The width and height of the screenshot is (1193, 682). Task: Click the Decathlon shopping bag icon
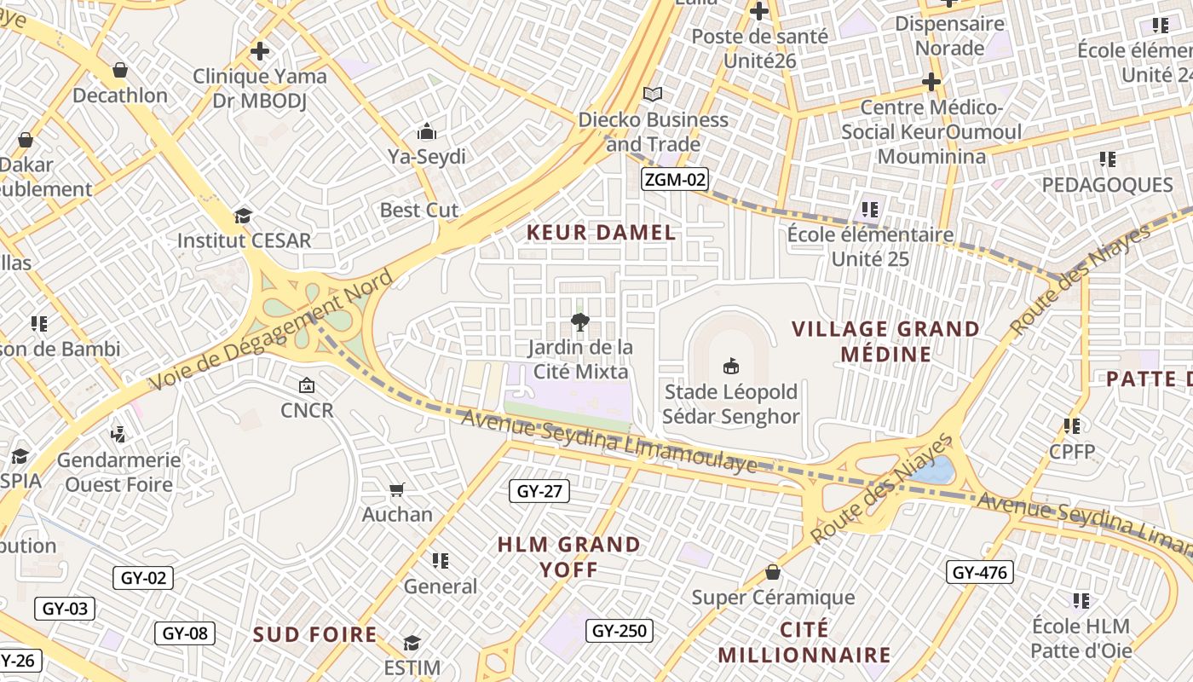(120, 69)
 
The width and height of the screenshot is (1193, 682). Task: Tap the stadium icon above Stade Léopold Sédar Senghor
(730, 367)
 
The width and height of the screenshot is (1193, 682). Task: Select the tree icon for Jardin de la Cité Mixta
(580, 321)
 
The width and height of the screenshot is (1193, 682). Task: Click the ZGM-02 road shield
(674, 179)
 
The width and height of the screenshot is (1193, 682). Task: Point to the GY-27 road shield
(539, 491)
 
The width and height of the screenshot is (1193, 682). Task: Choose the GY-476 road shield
(979, 572)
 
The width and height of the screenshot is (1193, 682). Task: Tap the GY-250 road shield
(620, 631)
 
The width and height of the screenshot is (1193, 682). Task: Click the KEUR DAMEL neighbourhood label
(601, 232)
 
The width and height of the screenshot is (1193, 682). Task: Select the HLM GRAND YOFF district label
(568, 557)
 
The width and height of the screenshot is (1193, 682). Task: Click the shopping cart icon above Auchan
(396, 489)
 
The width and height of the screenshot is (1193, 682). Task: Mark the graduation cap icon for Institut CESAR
(244, 215)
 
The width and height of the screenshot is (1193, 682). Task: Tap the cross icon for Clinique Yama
(260, 51)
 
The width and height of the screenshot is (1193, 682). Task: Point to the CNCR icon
(306, 385)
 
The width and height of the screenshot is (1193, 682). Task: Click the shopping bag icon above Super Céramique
(773, 571)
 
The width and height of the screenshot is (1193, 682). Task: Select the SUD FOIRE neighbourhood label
(314, 634)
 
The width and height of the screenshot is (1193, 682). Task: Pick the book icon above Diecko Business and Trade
(653, 94)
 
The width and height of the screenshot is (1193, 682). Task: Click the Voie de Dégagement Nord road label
(271, 330)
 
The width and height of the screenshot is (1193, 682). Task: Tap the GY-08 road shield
(184, 633)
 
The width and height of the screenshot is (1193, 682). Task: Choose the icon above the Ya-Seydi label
(426, 131)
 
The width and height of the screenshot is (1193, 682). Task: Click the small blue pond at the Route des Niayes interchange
(935, 470)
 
